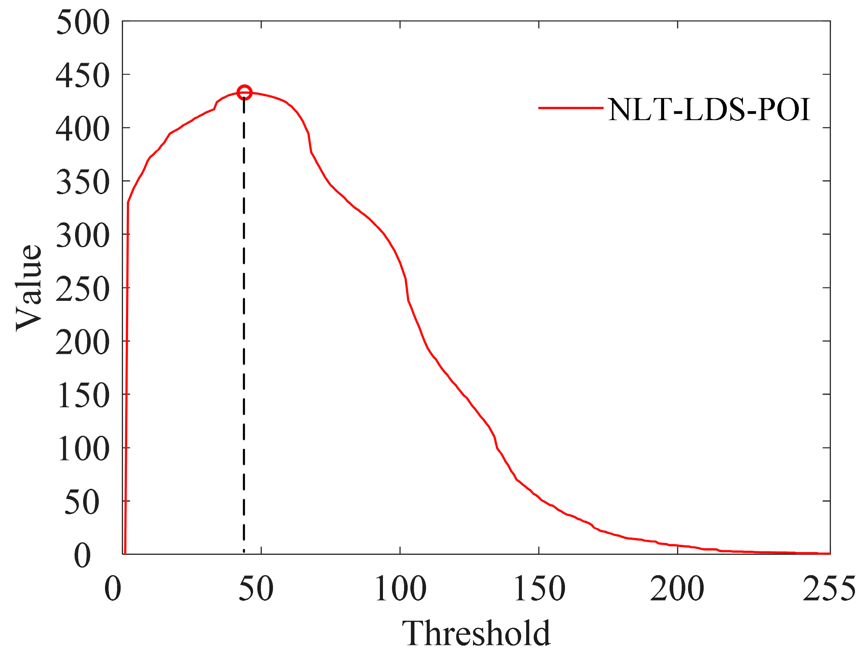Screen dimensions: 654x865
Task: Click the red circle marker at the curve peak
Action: point(245,93)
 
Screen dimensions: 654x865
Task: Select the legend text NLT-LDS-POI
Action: point(709,109)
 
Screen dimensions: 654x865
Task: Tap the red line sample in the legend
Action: point(571,107)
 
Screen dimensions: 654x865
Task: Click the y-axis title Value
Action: point(29,288)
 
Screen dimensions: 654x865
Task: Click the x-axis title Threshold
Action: point(476,633)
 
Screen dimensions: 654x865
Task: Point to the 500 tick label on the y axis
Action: point(83,22)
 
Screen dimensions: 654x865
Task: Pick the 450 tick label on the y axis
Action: point(83,75)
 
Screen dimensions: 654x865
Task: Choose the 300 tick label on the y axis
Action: point(83,236)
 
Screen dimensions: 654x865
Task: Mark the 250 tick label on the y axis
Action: point(83,289)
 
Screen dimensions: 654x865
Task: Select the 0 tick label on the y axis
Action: point(82,556)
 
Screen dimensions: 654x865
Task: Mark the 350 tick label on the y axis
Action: point(83,182)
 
